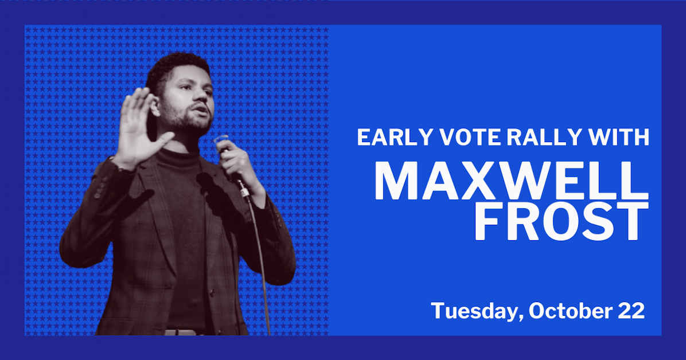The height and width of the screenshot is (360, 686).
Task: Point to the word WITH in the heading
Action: [619, 138]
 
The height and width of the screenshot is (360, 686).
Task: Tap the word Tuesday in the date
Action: [476, 311]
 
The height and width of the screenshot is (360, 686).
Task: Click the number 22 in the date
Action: [631, 311]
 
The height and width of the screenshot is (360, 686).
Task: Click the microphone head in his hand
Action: [221, 140]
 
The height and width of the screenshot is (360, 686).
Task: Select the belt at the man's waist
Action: [181, 332]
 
